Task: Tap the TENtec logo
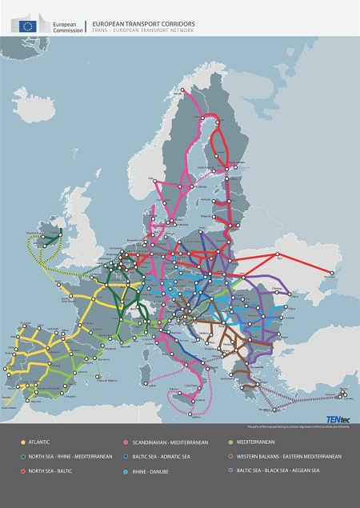(334, 417)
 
